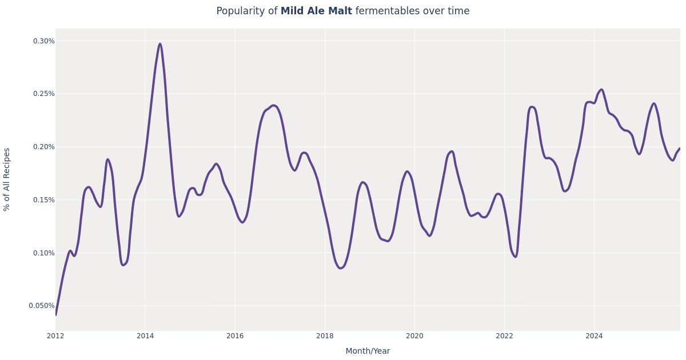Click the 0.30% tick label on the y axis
(43, 41)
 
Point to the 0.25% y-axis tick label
(43, 94)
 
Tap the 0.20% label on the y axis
(43, 147)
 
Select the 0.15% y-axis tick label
(43, 200)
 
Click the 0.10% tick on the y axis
(43, 253)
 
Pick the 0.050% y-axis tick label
(42, 306)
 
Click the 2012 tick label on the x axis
(55, 336)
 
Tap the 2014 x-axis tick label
(145, 336)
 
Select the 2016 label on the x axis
(235, 336)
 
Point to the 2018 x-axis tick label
(325, 336)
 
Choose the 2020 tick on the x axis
(414, 336)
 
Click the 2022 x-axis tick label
(504, 336)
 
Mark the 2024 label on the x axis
(594, 336)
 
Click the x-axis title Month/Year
(368, 351)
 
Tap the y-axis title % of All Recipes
(7, 179)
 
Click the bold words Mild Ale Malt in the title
(316, 11)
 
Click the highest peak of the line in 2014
(160, 44)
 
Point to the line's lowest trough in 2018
(340, 268)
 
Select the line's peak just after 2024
(601, 89)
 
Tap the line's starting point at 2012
(56, 314)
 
